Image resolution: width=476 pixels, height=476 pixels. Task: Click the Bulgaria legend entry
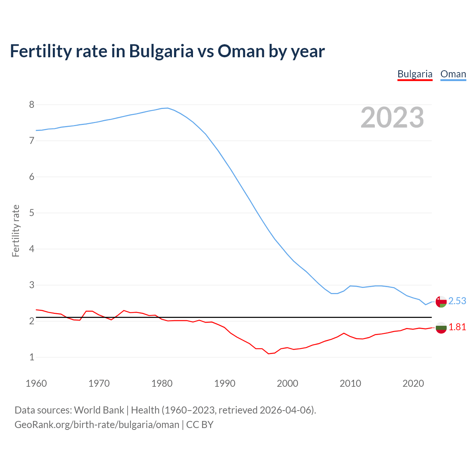(x=415, y=74)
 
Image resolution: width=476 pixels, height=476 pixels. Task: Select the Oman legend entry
(x=453, y=74)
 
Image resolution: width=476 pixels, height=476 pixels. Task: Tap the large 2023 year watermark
(x=392, y=118)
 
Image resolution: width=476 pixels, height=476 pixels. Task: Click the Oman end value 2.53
(x=457, y=301)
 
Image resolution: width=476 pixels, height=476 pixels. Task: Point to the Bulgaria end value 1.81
(x=457, y=327)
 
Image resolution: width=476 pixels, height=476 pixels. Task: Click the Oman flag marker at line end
(x=441, y=302)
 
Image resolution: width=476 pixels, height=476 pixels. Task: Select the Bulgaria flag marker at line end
(x=441, y=328)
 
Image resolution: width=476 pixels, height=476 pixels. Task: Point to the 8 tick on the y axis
(x=32, y=104)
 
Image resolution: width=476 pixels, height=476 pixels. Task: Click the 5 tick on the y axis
(x=32, y=213)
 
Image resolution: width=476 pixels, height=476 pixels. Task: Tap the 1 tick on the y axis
(x=32, y=357)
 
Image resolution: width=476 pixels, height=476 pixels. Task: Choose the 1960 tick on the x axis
(x=36, y=383)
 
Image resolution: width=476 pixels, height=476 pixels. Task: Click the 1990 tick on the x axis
(x=225, y=383)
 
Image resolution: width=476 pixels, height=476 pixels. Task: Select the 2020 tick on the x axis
(x=413, y=383)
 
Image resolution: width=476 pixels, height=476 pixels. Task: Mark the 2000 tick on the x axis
(x=287, y=383)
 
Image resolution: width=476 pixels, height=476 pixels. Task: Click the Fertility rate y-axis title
(x=16, y=231)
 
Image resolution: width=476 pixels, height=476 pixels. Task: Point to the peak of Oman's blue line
(x=168, y=108)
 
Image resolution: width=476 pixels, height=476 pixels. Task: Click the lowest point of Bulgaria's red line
(x=268, y=354)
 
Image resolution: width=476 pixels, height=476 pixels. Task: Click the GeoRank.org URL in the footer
(x=97, y=424)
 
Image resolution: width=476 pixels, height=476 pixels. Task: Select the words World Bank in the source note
(x=99, y=410)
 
